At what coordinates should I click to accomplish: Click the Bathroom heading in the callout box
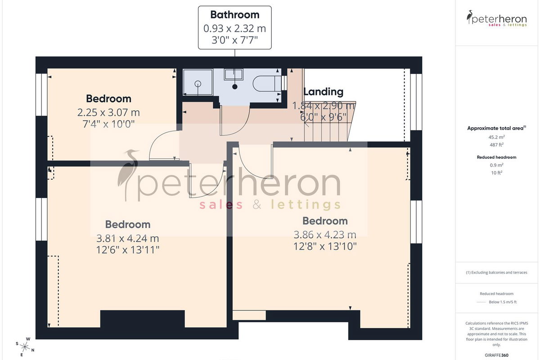(x=235, y=15)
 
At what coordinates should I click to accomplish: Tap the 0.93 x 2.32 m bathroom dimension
(x=235, y=28)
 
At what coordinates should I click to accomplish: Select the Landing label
(x=323, y=92)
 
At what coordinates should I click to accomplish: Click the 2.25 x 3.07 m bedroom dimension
(x=108, y=112)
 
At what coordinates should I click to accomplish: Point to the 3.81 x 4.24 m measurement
(x=128, y=238)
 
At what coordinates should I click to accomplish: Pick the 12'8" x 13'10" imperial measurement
(x=325, y=247)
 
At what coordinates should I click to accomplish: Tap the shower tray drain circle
(x=198, y=84)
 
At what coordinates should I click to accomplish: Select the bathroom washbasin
(x=234, y=74)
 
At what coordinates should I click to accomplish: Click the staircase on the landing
(x=329, y=121)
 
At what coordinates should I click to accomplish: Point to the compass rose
(x=25, y=347)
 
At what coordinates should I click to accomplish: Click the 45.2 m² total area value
(x=497, y=137)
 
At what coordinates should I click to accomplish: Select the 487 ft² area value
(x=497, y=145)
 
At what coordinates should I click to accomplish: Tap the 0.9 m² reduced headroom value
(x=497, y=165)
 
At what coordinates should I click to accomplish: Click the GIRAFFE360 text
(x=497, y=355)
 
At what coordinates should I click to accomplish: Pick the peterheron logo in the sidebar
(x=497, y=18)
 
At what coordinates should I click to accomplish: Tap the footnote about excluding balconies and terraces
(x=497, y=272)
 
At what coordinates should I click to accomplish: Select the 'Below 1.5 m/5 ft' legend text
(x=503, y=302)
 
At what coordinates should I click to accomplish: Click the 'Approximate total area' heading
(x=497, y=128)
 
